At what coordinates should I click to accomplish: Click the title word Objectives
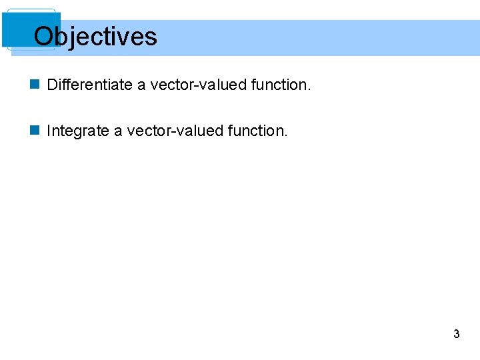coord(95,37)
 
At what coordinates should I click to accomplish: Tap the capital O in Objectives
coord(44,37)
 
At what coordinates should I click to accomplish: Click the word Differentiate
coord(90,85)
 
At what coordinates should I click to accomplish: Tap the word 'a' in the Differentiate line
coord(141,85)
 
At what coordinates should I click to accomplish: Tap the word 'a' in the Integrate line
coord(118,131)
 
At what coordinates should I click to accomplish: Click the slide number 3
coord(456,334)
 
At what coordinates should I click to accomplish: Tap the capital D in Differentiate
coord(52,85)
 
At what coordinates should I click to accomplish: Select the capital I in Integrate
coord(49,131)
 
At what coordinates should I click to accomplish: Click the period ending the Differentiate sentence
coord(309,89)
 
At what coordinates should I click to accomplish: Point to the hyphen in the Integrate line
coord(164,132)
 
